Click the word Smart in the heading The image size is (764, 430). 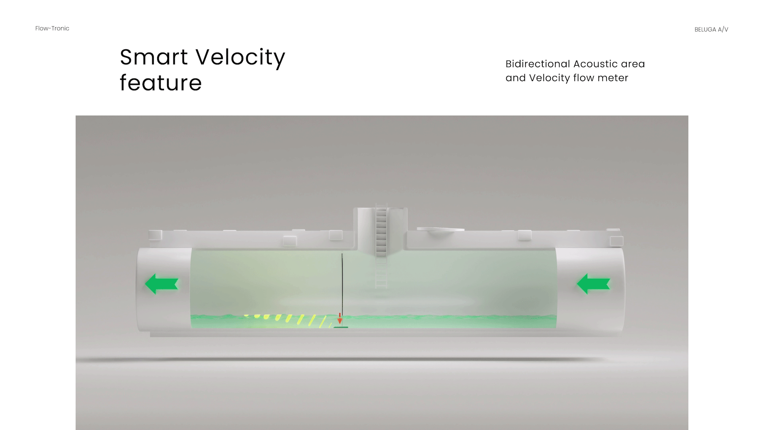(154, 57)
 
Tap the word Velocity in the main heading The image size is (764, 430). (241, 58)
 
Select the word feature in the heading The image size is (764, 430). (161, 83)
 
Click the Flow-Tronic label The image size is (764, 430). (52, 28)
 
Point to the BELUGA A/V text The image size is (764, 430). (711, 29)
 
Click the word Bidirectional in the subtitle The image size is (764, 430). (538, 64)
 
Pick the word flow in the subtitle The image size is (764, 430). (583, 78)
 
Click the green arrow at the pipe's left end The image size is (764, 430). (161, 284)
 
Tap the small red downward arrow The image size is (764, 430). (340, 319)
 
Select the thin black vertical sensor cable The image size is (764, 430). (342, 283)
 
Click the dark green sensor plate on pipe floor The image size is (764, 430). (341, 327)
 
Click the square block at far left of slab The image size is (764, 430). (155, 235)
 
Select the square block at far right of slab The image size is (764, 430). (616, 240)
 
